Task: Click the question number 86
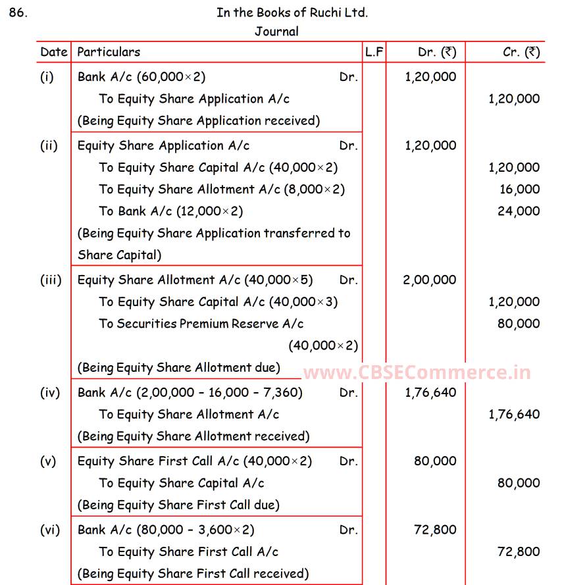pos(18,13)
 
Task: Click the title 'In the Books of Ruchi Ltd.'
pos(292,13)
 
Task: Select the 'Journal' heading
pos(276,31)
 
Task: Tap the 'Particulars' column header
pos(109,52)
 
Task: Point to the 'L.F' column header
pos(374,52)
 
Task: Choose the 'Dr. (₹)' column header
pos(436,52)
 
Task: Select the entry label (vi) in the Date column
pos(49,530)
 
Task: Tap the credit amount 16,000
pos(519,190)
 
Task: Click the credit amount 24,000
pos(519,211)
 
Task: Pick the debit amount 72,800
pos(434,530)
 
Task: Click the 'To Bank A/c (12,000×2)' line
pos(171,211)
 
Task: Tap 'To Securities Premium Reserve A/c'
pos(201,324)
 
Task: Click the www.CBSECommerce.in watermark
pos(417,373)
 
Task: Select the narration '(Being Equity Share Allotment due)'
pos(179,368)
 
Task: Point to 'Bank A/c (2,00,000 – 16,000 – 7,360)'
pos(190,393)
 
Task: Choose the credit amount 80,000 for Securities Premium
pos(519,324)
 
